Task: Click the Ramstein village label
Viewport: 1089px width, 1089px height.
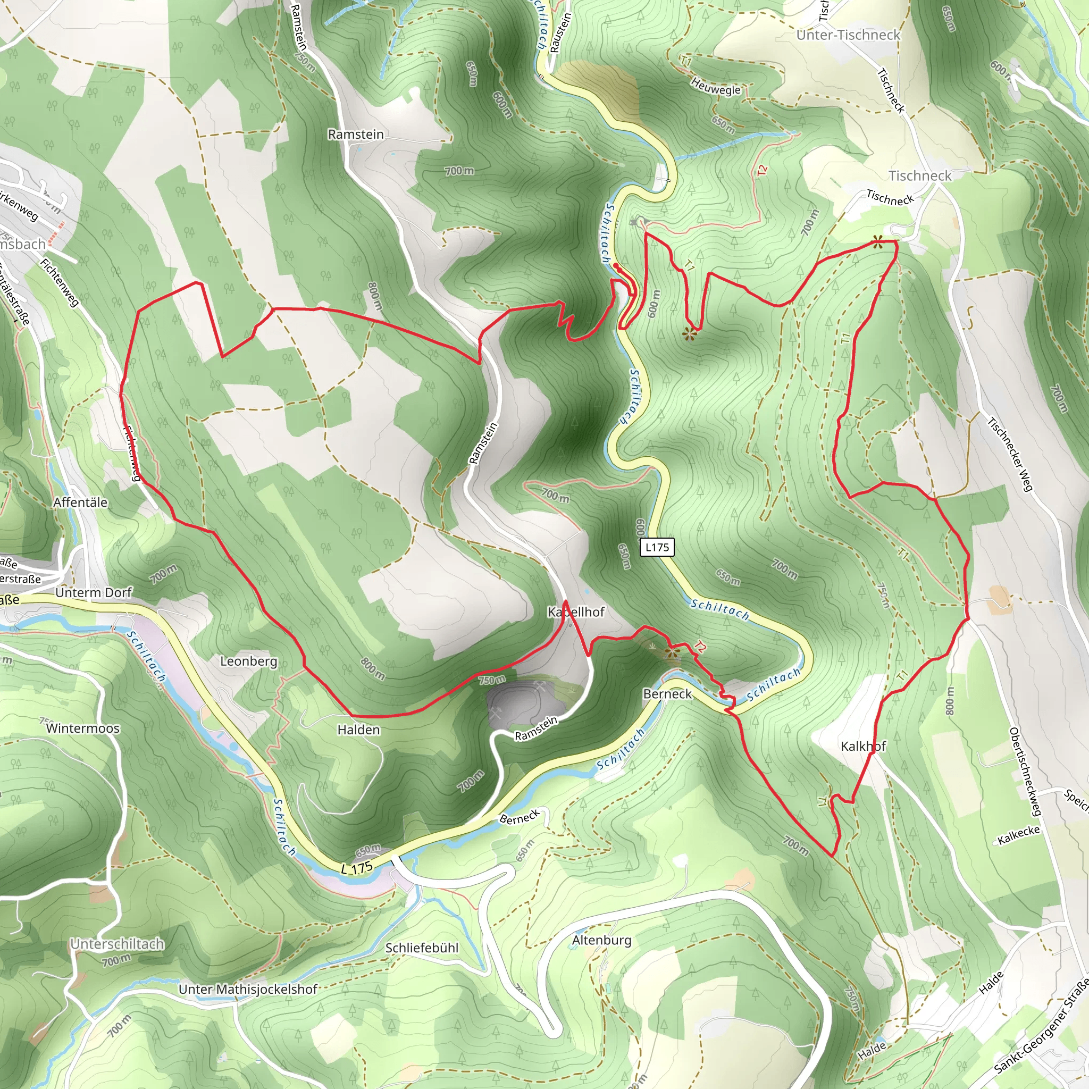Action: pos(356,134)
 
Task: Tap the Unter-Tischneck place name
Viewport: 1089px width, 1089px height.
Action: pos(848,35)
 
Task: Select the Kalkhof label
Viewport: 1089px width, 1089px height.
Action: pos(863,746)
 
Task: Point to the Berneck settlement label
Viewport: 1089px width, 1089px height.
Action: pos(667,694)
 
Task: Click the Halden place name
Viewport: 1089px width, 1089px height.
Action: pos(358,730)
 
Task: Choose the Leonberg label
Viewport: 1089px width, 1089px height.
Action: pos(248,661)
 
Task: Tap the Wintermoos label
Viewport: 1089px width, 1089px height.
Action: pos(83,728)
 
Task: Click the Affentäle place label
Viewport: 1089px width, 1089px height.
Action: pos(80,502)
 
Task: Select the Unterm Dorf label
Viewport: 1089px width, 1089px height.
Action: pos(94,593)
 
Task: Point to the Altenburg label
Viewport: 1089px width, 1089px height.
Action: pos(601,940)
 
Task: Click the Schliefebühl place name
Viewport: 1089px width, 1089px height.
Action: pos(422,948)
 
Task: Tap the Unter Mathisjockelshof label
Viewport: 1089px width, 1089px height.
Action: pos(248,989)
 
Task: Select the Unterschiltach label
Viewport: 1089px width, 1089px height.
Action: pos(117,944)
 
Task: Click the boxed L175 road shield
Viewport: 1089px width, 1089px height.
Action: pos(657,547)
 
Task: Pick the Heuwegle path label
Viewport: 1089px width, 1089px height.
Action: pos(716,87)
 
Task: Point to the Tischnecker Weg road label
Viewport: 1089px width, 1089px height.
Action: pos(1011,454)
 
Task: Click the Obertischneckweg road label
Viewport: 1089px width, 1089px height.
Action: pos(1025,772)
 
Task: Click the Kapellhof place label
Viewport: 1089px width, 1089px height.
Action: pos(576,612)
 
